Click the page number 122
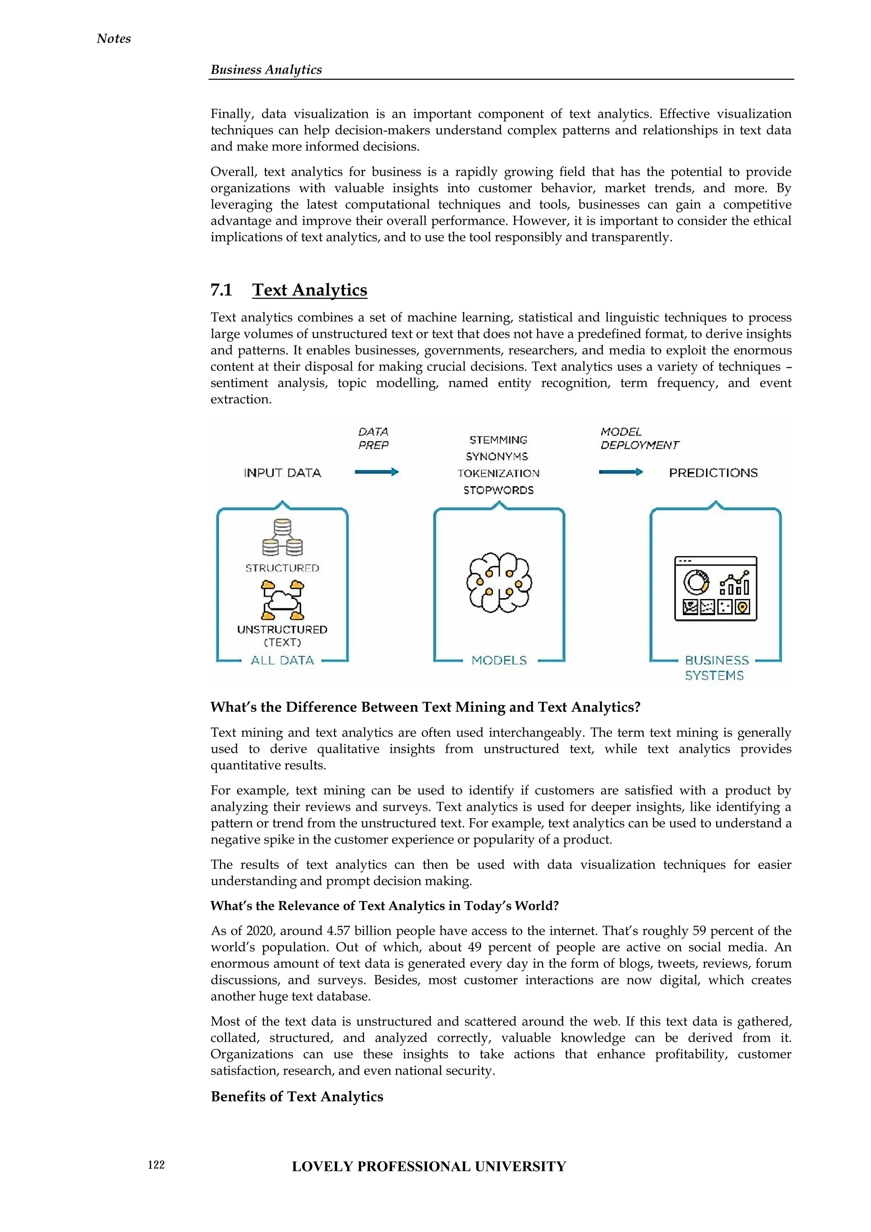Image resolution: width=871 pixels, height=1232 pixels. coord(156,1164)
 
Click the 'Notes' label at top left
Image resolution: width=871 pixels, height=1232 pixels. coord(114,39)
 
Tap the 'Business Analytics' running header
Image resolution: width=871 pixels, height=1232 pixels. coord(266,70)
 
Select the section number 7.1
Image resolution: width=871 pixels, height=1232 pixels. coord(221,290)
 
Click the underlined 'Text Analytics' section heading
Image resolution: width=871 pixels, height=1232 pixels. coord(310,290)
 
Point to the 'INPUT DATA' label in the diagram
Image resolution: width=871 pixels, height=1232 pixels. coord(282,473)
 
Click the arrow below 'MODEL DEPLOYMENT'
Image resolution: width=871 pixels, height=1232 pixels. coord(621,472)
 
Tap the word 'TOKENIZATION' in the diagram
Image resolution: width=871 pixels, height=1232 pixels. coord(498,473)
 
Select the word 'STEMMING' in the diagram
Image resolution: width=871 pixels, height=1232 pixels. coord(498,440)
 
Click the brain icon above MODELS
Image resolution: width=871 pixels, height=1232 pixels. coord(499,583)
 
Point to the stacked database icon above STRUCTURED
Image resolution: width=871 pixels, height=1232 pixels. coord(282,538)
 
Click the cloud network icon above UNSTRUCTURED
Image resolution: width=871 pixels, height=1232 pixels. coord(282,600)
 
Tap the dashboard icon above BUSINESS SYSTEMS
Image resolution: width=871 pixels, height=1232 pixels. coord(715,589)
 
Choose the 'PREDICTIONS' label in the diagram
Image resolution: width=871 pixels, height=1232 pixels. coord(713,473)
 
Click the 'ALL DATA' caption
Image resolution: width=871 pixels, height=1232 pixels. coord(282,661)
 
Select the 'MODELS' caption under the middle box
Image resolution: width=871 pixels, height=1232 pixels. coord(499,661)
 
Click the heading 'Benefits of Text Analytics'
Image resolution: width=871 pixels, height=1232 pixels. coord(296,1097)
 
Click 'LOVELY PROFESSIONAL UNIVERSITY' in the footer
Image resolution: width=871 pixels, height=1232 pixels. coord(429,1166)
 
